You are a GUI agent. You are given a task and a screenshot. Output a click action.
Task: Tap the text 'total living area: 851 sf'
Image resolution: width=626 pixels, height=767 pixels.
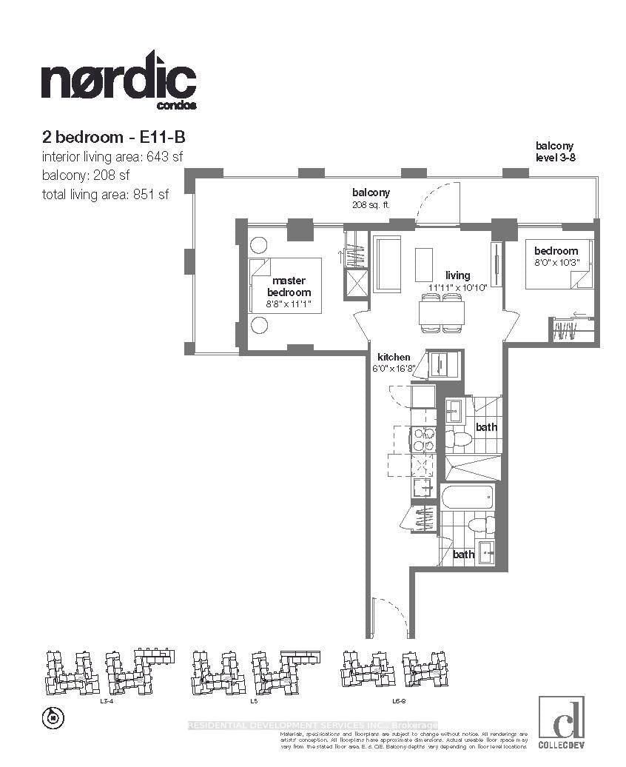(110, 194)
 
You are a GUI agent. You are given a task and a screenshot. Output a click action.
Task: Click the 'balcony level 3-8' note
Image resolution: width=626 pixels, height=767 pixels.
(555, 152)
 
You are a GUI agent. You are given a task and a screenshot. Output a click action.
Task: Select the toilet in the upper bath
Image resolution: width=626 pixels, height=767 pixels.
(460, 440)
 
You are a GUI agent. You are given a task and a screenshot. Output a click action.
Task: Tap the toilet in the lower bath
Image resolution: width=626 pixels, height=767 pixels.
(480, 524)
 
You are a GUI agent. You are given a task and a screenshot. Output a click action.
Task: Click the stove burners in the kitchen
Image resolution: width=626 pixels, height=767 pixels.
(423, 440)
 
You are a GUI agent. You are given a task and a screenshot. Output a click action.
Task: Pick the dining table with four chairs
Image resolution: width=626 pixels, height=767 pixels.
(442, 311)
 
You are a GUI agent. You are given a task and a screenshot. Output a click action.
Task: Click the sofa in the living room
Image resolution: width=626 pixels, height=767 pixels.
(386, 264)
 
